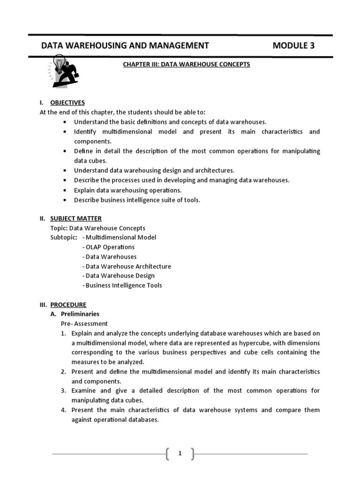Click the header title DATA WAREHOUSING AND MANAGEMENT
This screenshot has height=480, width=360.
(x=125, y=45)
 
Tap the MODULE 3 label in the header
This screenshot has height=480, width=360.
(x=293, y=45)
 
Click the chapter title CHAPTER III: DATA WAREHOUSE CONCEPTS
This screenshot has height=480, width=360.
(x=187, y=64)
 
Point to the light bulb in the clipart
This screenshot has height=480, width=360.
(x=59, y=62)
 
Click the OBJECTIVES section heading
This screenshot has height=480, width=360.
(x=67, y=103)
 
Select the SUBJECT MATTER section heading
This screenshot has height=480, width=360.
(x=75, y=218)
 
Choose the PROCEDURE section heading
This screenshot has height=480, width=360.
(x=68, y=305)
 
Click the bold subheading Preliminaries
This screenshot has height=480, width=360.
(x=80, y=314)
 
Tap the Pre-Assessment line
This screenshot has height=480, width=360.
(x=84, y=323)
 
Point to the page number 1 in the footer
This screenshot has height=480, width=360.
(x=180, y=453)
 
